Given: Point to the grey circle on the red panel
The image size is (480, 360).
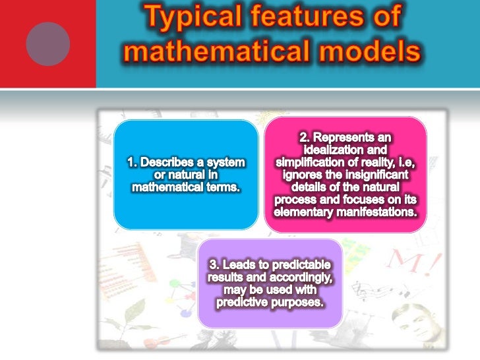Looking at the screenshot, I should (47, 43).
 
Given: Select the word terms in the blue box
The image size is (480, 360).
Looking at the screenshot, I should (222, 187).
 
